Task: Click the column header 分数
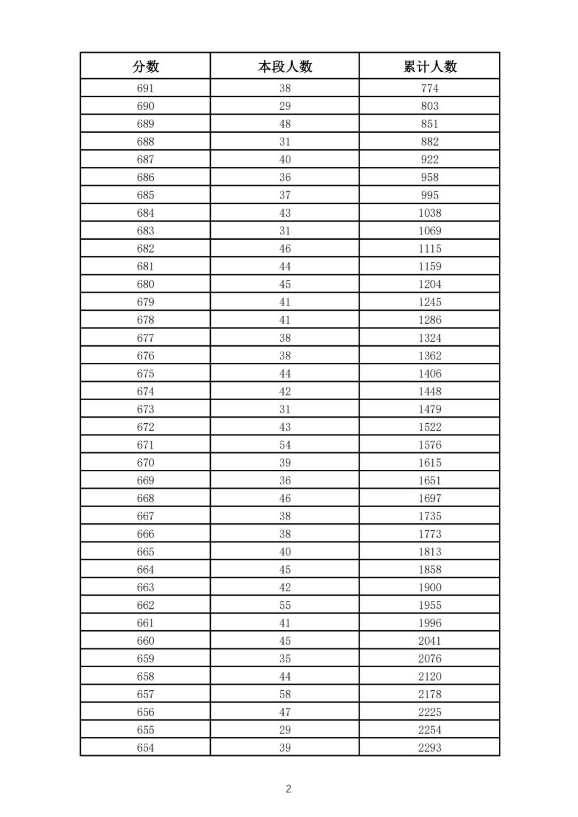click(x=146, y=66)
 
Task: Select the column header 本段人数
click(x=285, y=66)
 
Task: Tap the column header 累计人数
click(x=430, y=66)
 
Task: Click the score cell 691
click(x=146, y=88)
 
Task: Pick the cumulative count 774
click(x=430, y=88)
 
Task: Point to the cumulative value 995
click(x=430, y=195)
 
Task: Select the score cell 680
click(x=146, y=284)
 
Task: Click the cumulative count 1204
click(x=430, y=284)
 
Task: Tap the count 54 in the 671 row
click(x=285, y=445)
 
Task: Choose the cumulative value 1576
click(x=430, y=445)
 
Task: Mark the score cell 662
click(x=146, y=605)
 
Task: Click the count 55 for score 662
click(x=285, y=605)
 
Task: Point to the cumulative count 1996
click(x=430, y=623)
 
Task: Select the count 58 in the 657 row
click(x=285, y=694)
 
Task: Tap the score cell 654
click(x=146, y=747)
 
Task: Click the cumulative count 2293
click(x=430, y=747)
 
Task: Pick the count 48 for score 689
click(x=285, y=124)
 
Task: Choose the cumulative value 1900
click(x=430, y=587)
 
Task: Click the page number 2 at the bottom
click(x=288, y=789)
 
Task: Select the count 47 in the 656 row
click(x=285, y=712)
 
